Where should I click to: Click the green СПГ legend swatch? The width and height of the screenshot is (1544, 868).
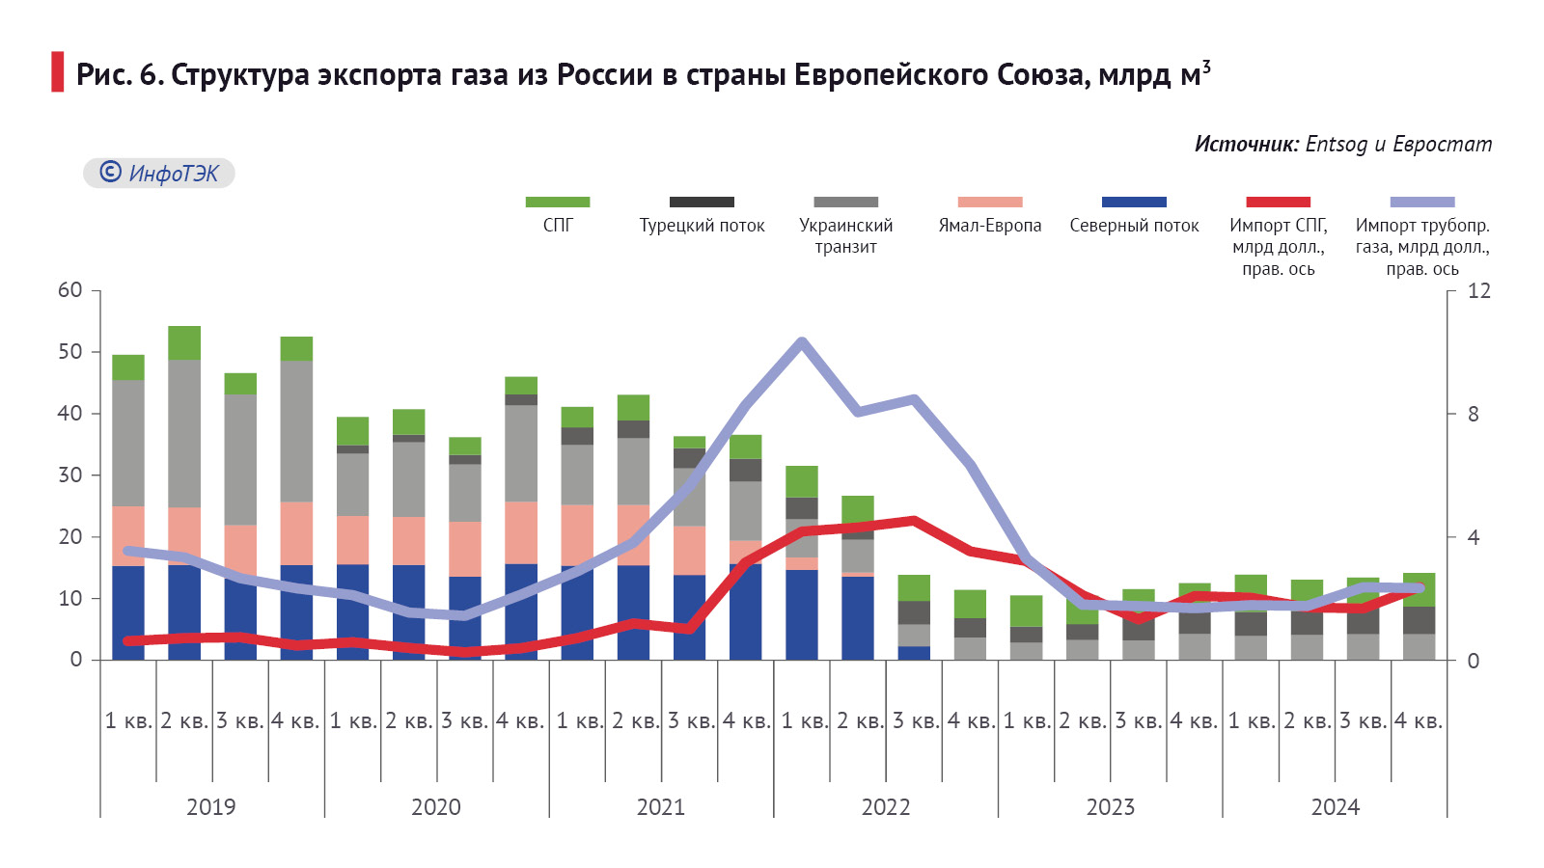(557, 203)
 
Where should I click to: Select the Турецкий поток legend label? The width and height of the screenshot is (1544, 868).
(702, 226)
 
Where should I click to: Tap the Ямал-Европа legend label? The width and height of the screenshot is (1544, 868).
(989, 226)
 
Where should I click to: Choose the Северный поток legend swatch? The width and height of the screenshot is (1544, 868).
(1134, 203)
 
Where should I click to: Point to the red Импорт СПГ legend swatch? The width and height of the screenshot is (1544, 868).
(1278, 203)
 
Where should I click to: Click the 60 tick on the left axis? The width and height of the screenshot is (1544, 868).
(70, 290)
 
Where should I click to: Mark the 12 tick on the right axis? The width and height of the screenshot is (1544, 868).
(1478, 291)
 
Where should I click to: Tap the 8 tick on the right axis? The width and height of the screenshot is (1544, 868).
(1473, 415)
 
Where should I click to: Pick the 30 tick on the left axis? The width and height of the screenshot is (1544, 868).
(70, 475)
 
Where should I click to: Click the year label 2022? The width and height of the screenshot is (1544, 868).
(885, 807)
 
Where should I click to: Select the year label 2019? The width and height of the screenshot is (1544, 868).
(210, 807)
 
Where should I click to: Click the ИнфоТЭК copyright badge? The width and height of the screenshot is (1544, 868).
(159, 174)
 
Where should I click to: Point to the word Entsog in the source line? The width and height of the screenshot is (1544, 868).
(1337, 145)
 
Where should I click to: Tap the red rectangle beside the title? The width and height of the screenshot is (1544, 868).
(58, 72)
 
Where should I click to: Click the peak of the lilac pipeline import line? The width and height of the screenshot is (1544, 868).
(801, 341)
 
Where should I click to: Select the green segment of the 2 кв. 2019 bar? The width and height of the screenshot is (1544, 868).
(184, 342)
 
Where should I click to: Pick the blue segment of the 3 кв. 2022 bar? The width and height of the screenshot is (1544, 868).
(914, 653)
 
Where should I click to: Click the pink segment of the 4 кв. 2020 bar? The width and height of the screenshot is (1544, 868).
(521, 532)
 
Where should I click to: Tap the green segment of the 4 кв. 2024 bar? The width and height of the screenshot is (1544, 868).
(1419, 588)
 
